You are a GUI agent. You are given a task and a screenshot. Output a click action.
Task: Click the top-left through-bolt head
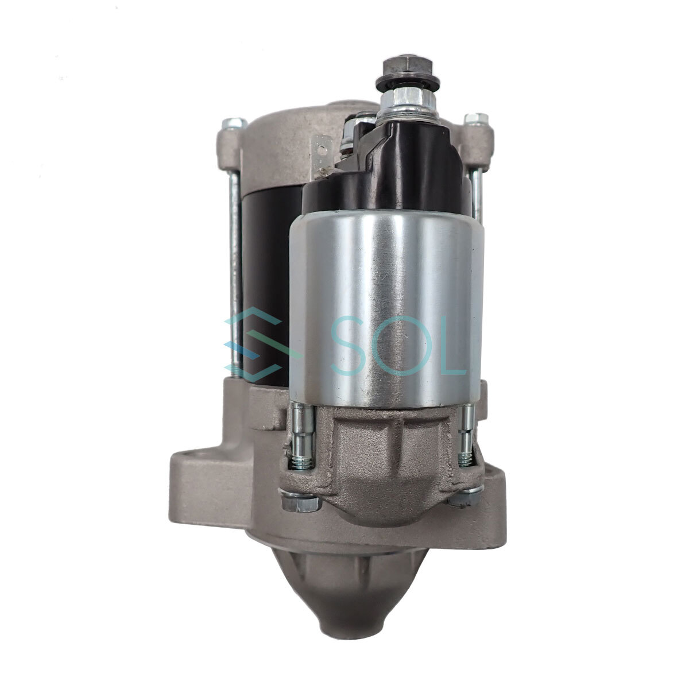pos(234,123)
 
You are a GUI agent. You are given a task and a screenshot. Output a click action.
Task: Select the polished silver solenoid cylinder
pos(386,311)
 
